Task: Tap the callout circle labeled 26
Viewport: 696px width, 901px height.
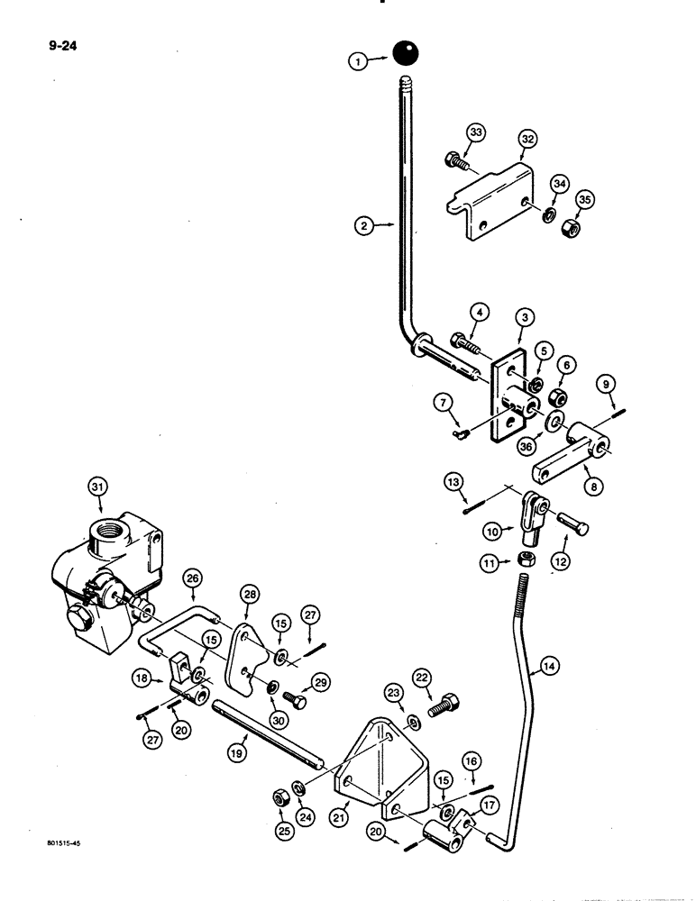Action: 190,578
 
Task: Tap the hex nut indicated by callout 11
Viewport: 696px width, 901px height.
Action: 525,560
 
